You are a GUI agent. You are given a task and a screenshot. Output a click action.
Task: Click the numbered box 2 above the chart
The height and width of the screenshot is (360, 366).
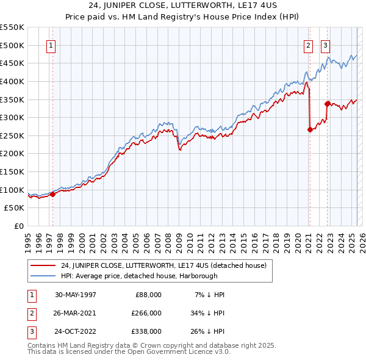309,45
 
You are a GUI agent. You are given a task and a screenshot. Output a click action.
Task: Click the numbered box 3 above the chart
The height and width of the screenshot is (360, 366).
326,45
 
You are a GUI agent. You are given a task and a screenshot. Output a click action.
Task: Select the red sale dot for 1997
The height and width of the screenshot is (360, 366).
52,194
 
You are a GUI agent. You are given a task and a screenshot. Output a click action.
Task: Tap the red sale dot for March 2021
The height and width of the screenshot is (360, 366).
310,129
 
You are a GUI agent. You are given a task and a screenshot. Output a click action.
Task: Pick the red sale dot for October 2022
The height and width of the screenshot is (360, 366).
327,104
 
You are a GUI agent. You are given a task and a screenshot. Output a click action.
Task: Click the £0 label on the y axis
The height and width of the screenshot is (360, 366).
18,226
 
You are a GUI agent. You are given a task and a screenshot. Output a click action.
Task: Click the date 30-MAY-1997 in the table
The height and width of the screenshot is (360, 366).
76,295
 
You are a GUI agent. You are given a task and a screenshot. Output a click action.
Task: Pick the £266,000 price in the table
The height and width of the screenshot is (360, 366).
147,313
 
